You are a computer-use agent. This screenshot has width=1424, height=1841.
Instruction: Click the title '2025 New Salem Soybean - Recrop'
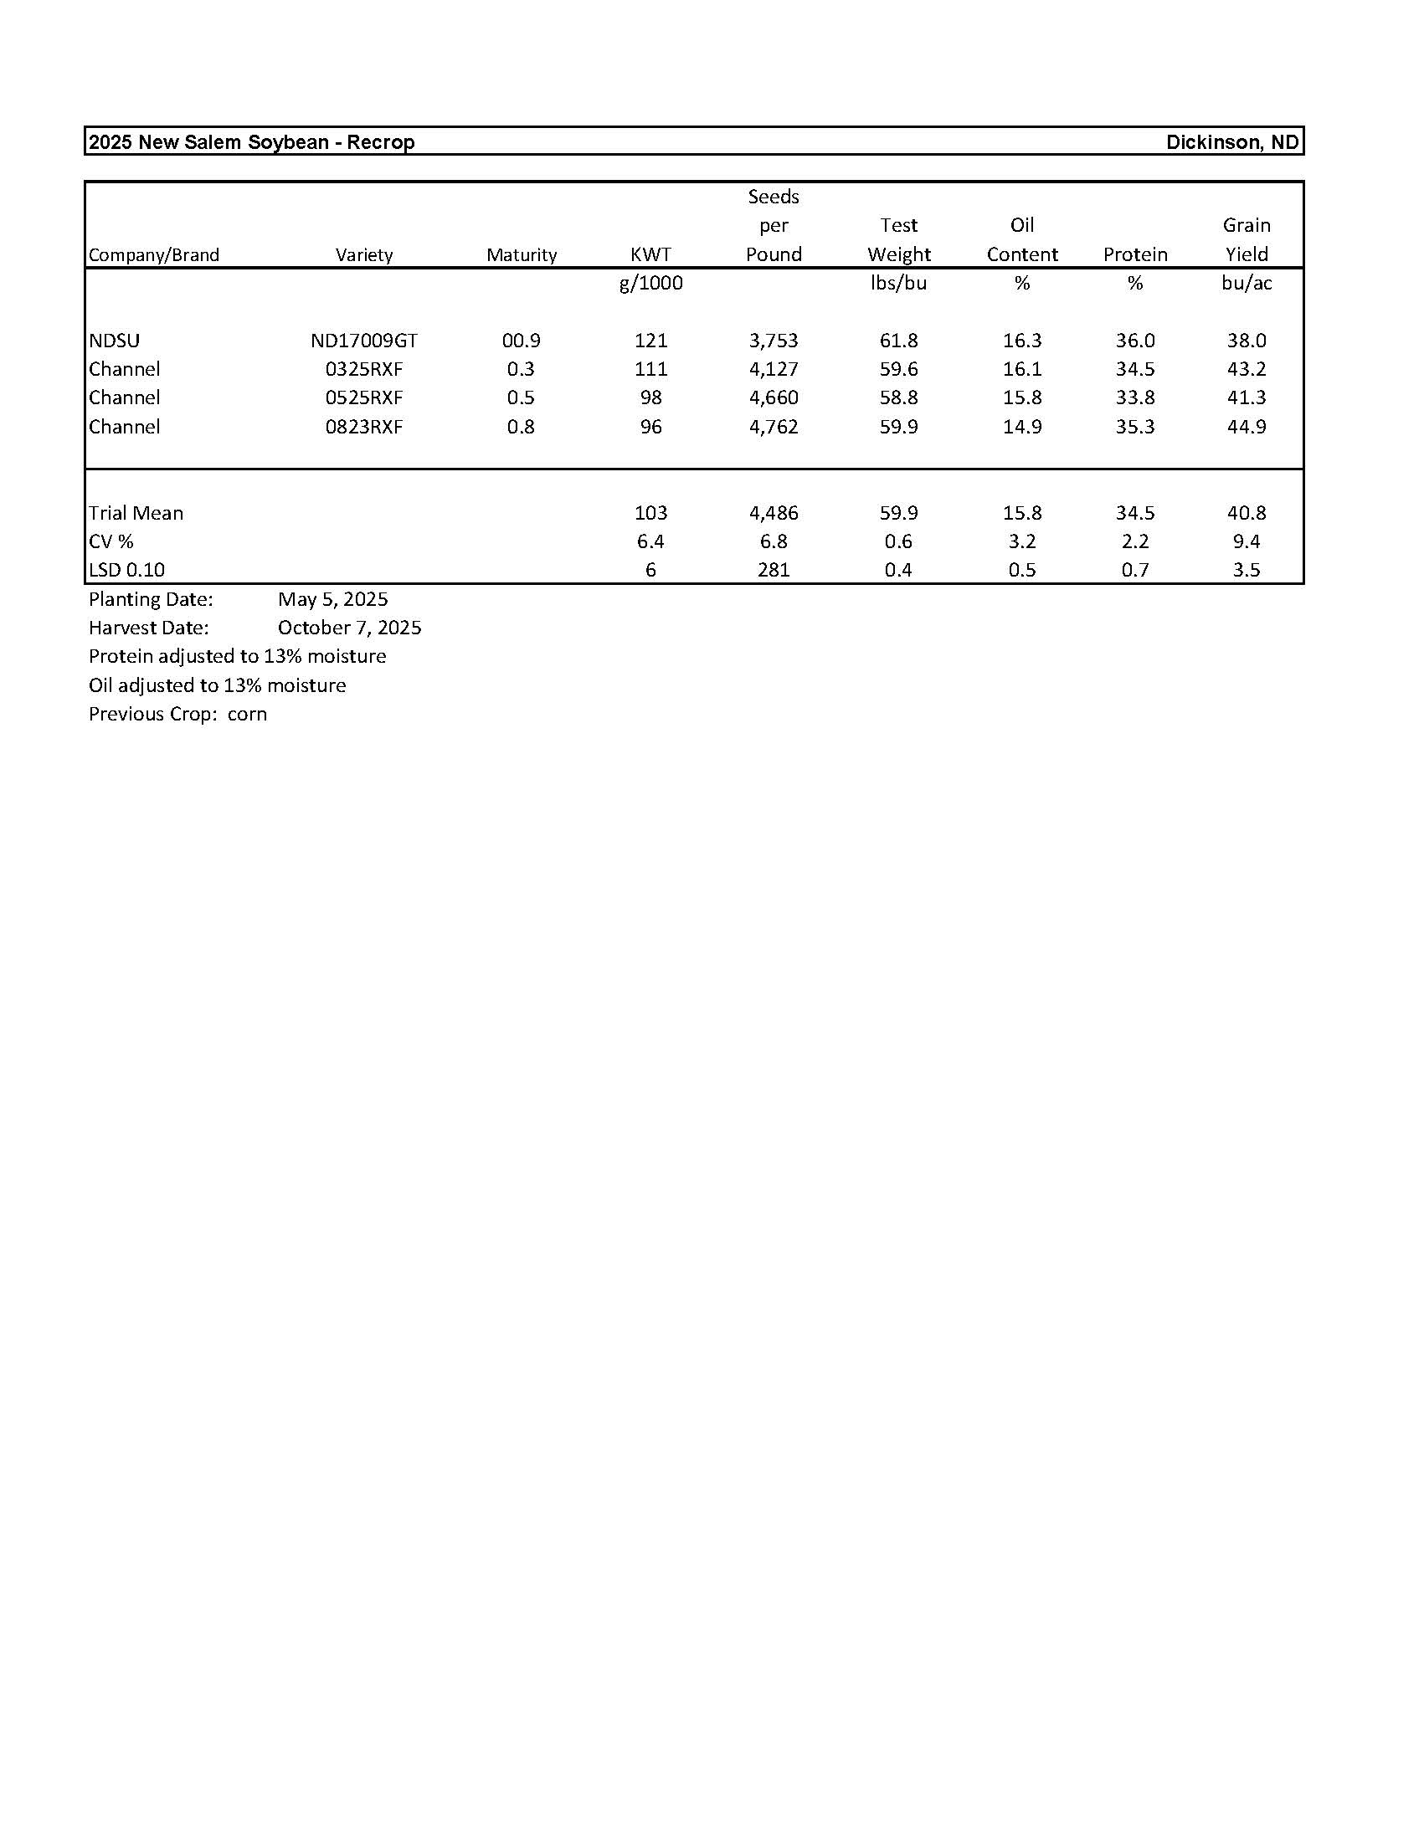tap(251, 142)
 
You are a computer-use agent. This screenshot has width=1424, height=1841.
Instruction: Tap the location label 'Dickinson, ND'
tap(1231, 142)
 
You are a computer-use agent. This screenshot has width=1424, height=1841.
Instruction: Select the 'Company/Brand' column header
tap(153, 254)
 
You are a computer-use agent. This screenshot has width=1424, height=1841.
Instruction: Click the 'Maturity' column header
tap(521, 254)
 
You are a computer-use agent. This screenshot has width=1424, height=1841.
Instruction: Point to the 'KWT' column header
tap(650, 254)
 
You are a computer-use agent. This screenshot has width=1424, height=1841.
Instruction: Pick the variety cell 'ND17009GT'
tap(363, 341)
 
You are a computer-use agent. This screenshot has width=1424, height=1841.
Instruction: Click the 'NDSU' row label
tap(115, 341)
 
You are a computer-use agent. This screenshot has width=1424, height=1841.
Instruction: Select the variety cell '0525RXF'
tap(363, 397)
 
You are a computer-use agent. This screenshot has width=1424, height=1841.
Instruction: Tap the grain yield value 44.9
tap(1247, 427)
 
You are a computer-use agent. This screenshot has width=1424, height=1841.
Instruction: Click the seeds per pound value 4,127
tap(774, 369)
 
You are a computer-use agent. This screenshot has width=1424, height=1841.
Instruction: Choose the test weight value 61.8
tap(898, 341)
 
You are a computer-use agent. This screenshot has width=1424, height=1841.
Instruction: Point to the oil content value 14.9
tap(1022, 427)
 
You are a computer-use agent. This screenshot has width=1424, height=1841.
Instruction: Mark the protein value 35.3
tap(1135, 427)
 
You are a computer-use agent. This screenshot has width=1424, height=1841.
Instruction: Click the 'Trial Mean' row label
tap(136, 512)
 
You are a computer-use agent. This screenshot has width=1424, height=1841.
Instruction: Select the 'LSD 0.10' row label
tap(126, 570)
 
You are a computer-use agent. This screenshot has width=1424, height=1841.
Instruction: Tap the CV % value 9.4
tap(1247, 541)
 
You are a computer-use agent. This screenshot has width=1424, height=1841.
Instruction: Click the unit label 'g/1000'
tap(650, 283)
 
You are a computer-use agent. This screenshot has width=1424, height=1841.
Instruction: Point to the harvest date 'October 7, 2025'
tap(349, 628)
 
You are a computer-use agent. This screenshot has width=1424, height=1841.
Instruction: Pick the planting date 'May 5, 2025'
tap(333, 599)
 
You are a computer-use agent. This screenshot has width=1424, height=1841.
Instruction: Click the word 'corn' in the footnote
tap(247, 714)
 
